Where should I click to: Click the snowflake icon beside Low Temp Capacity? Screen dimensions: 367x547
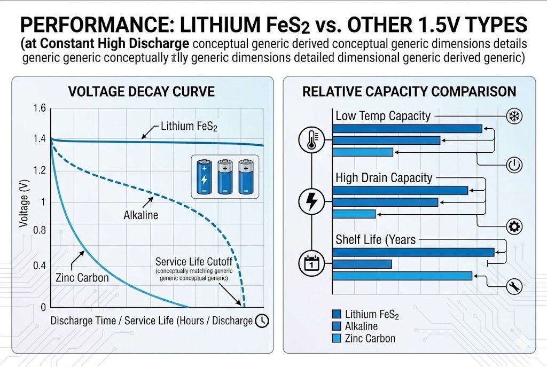point(514,116)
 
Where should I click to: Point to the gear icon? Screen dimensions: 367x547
point(514,227)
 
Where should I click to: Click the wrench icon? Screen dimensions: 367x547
point(514,286)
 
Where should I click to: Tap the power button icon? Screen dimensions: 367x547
point(513,165)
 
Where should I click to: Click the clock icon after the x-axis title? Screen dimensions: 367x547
point(262,321)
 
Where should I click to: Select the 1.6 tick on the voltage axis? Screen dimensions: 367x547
point(40,109)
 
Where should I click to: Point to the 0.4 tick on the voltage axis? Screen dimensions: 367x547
point(40,266)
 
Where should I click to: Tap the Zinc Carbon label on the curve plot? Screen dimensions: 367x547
point(82,278)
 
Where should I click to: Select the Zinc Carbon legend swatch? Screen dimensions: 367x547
point(337,338)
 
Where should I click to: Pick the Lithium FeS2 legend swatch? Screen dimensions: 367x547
point(337,315)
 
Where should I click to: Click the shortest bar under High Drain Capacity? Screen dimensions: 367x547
point(354,214)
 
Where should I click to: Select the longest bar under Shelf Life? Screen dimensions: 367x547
point(413,252)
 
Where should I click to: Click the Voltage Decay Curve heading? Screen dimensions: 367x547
point(142,92)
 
